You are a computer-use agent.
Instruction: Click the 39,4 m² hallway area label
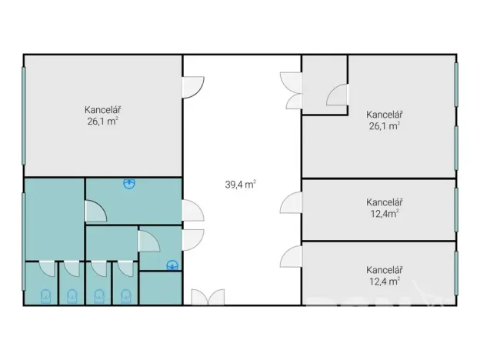point(240,185)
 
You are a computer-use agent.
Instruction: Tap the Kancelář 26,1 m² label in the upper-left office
point(102,115)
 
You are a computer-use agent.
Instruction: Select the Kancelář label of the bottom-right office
point(384,270)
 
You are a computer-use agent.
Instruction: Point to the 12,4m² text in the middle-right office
point(385,213)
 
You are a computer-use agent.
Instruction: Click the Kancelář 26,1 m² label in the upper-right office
point(384,120)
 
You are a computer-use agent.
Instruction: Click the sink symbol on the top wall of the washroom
point(129,183)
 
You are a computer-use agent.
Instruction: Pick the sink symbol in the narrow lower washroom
point(172,265)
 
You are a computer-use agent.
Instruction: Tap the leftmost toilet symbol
point(45,296)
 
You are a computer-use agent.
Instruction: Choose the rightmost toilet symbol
point(126,296)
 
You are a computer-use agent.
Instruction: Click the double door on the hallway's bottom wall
point(208,297)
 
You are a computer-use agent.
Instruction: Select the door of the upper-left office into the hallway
point(193,87)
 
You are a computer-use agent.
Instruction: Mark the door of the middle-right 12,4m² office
point(291,202)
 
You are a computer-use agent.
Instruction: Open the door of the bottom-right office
point(291,256)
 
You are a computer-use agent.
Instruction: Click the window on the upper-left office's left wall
point(24,115)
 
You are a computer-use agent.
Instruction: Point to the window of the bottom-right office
point(456,273)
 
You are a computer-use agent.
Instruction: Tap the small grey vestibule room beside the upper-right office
point(325,85)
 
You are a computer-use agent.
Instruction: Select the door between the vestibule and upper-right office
point(337,95)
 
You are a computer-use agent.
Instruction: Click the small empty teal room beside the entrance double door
point(161,288)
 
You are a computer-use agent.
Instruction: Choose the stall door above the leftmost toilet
point(47,268)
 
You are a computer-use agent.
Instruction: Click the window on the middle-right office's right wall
point(456,210)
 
